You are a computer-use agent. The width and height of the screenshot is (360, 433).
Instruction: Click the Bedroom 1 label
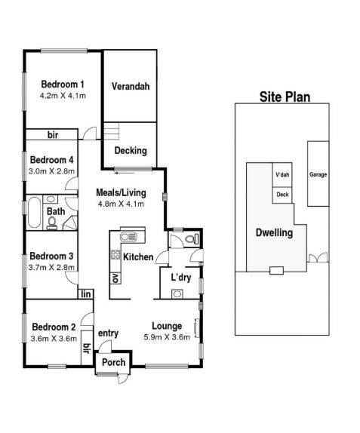pos(62,84)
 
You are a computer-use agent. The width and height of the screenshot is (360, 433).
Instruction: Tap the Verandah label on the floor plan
pos(131,86)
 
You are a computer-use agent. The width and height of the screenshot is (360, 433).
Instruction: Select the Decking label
pos(131,150)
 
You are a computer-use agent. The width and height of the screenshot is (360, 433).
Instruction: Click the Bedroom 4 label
pos(51,160)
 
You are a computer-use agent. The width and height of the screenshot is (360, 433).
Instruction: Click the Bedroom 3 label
pos(51,255)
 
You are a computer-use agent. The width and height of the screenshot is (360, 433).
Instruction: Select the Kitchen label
pos(139,257)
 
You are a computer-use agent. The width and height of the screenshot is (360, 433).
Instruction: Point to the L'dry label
pos(181,278)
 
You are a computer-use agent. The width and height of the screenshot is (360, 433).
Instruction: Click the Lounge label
pos(166,326)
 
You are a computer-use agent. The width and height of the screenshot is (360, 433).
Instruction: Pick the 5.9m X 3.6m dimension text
pos(166,337)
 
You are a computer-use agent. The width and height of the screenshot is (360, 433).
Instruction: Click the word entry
pos(109,333)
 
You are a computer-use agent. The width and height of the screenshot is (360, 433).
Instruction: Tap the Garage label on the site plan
pos(318,174)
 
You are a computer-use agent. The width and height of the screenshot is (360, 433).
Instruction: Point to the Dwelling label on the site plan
pos(273,232)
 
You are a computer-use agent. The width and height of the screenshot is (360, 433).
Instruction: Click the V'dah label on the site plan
pos(282,175)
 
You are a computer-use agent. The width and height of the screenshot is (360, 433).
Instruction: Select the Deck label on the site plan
pos(282,194)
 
